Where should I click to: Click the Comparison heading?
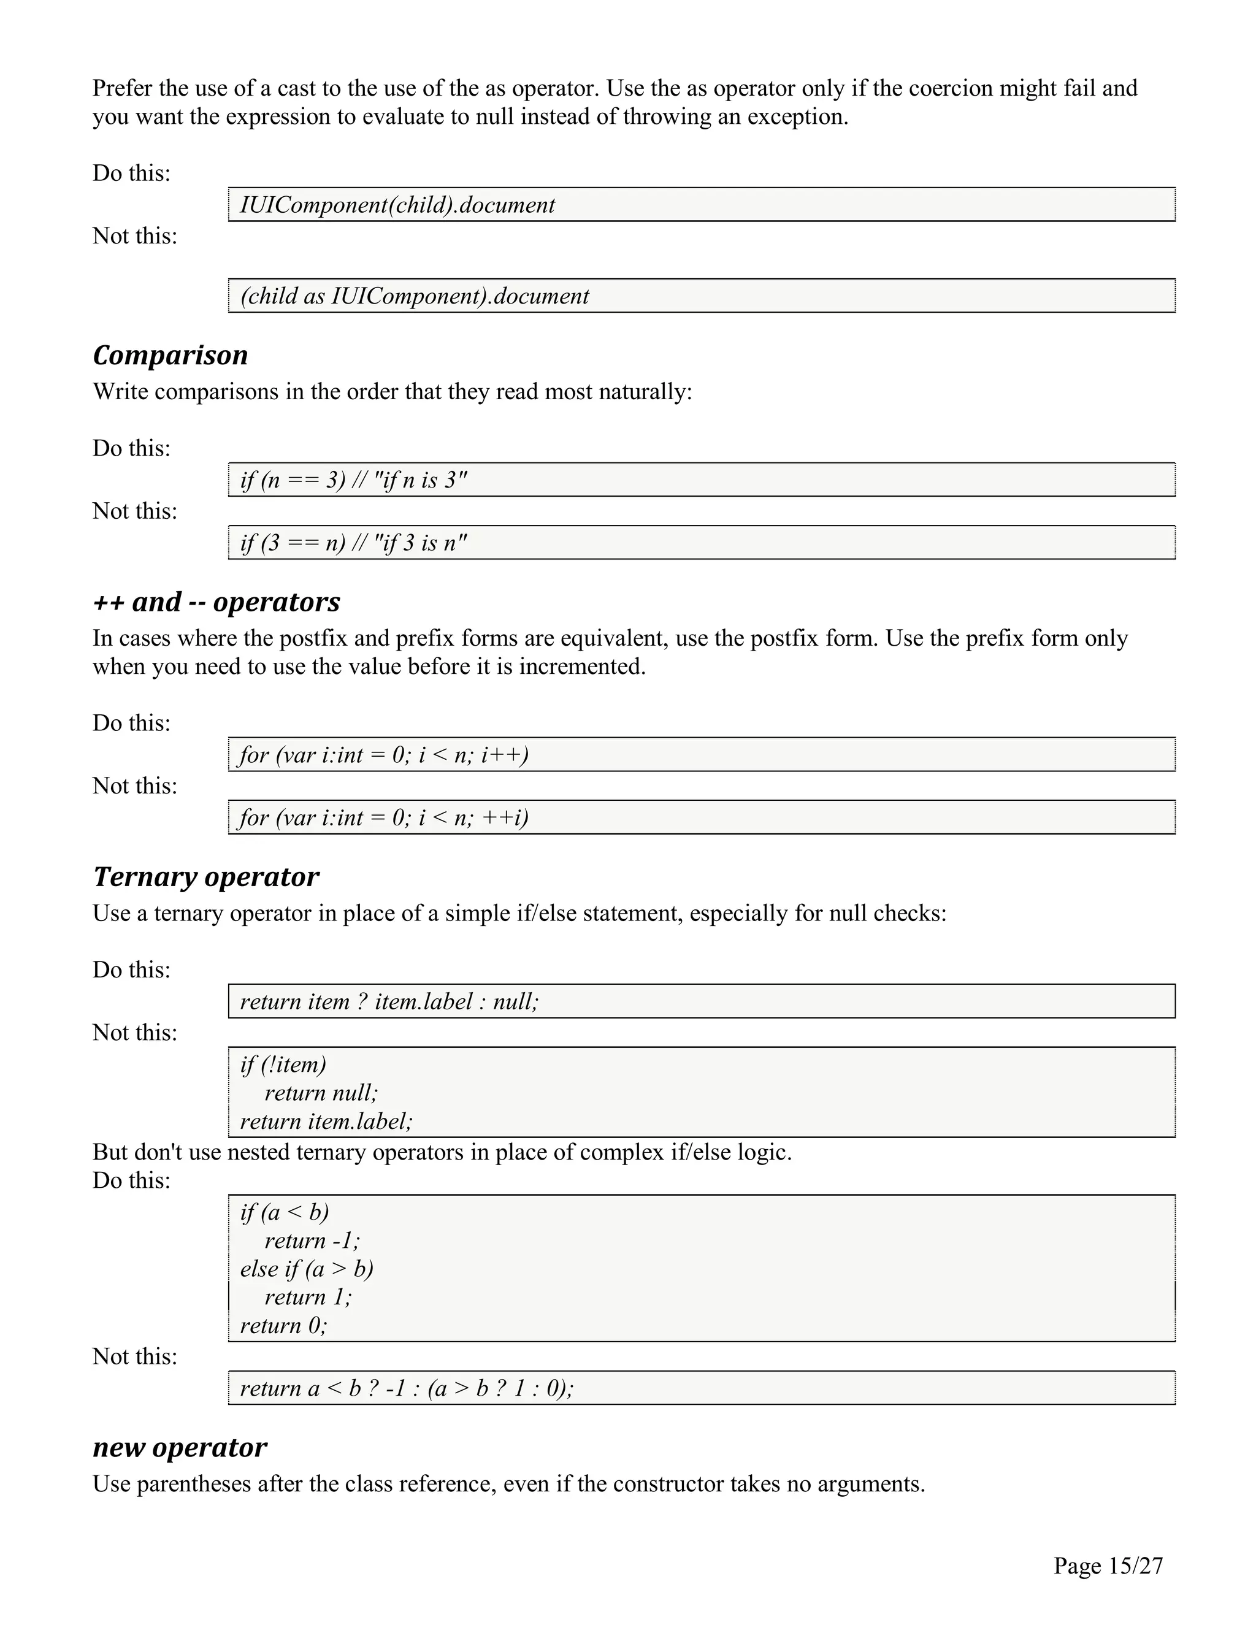[170, 356]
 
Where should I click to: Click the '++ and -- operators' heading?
[216, 602]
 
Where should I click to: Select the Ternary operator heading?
[205, 877]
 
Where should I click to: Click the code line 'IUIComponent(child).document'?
[397, 205]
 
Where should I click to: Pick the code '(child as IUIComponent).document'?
[415, 297]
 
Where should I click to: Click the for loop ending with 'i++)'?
[384, 755]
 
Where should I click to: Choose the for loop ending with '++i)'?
[384, 817]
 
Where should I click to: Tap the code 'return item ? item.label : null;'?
[388, 1002]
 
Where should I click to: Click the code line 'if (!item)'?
[283, 1065]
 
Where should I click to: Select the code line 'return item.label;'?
[326, 1122]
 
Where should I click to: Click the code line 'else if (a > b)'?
[307, 1269]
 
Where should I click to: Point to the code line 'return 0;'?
[283, 1325]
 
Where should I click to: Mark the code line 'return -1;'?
[312, 1241]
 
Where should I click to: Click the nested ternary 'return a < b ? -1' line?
[406, 1388]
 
